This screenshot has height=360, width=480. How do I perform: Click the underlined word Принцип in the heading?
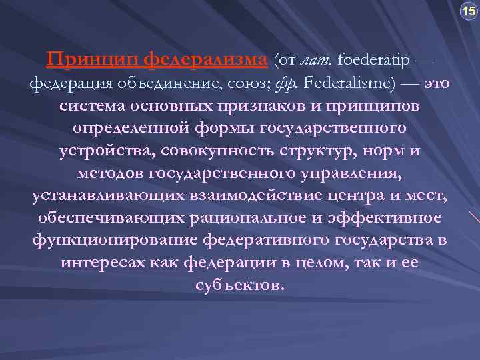[92, 61]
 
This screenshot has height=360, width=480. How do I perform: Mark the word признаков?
[269, 107]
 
